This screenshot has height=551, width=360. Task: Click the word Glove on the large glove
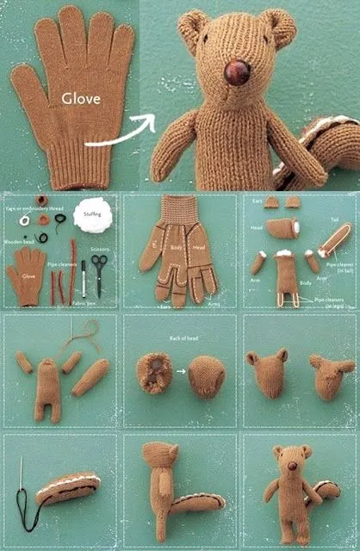(x=80, y=99)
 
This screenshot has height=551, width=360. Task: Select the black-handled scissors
(x=100, y=275)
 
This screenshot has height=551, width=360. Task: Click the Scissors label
(x=99, y=248)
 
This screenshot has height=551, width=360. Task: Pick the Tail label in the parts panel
(x=333, y=220)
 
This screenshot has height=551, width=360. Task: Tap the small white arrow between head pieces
(x=181, y=371)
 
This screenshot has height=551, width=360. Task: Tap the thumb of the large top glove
(x=26, y=90)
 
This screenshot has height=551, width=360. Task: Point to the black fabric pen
(x=84, y=280)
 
